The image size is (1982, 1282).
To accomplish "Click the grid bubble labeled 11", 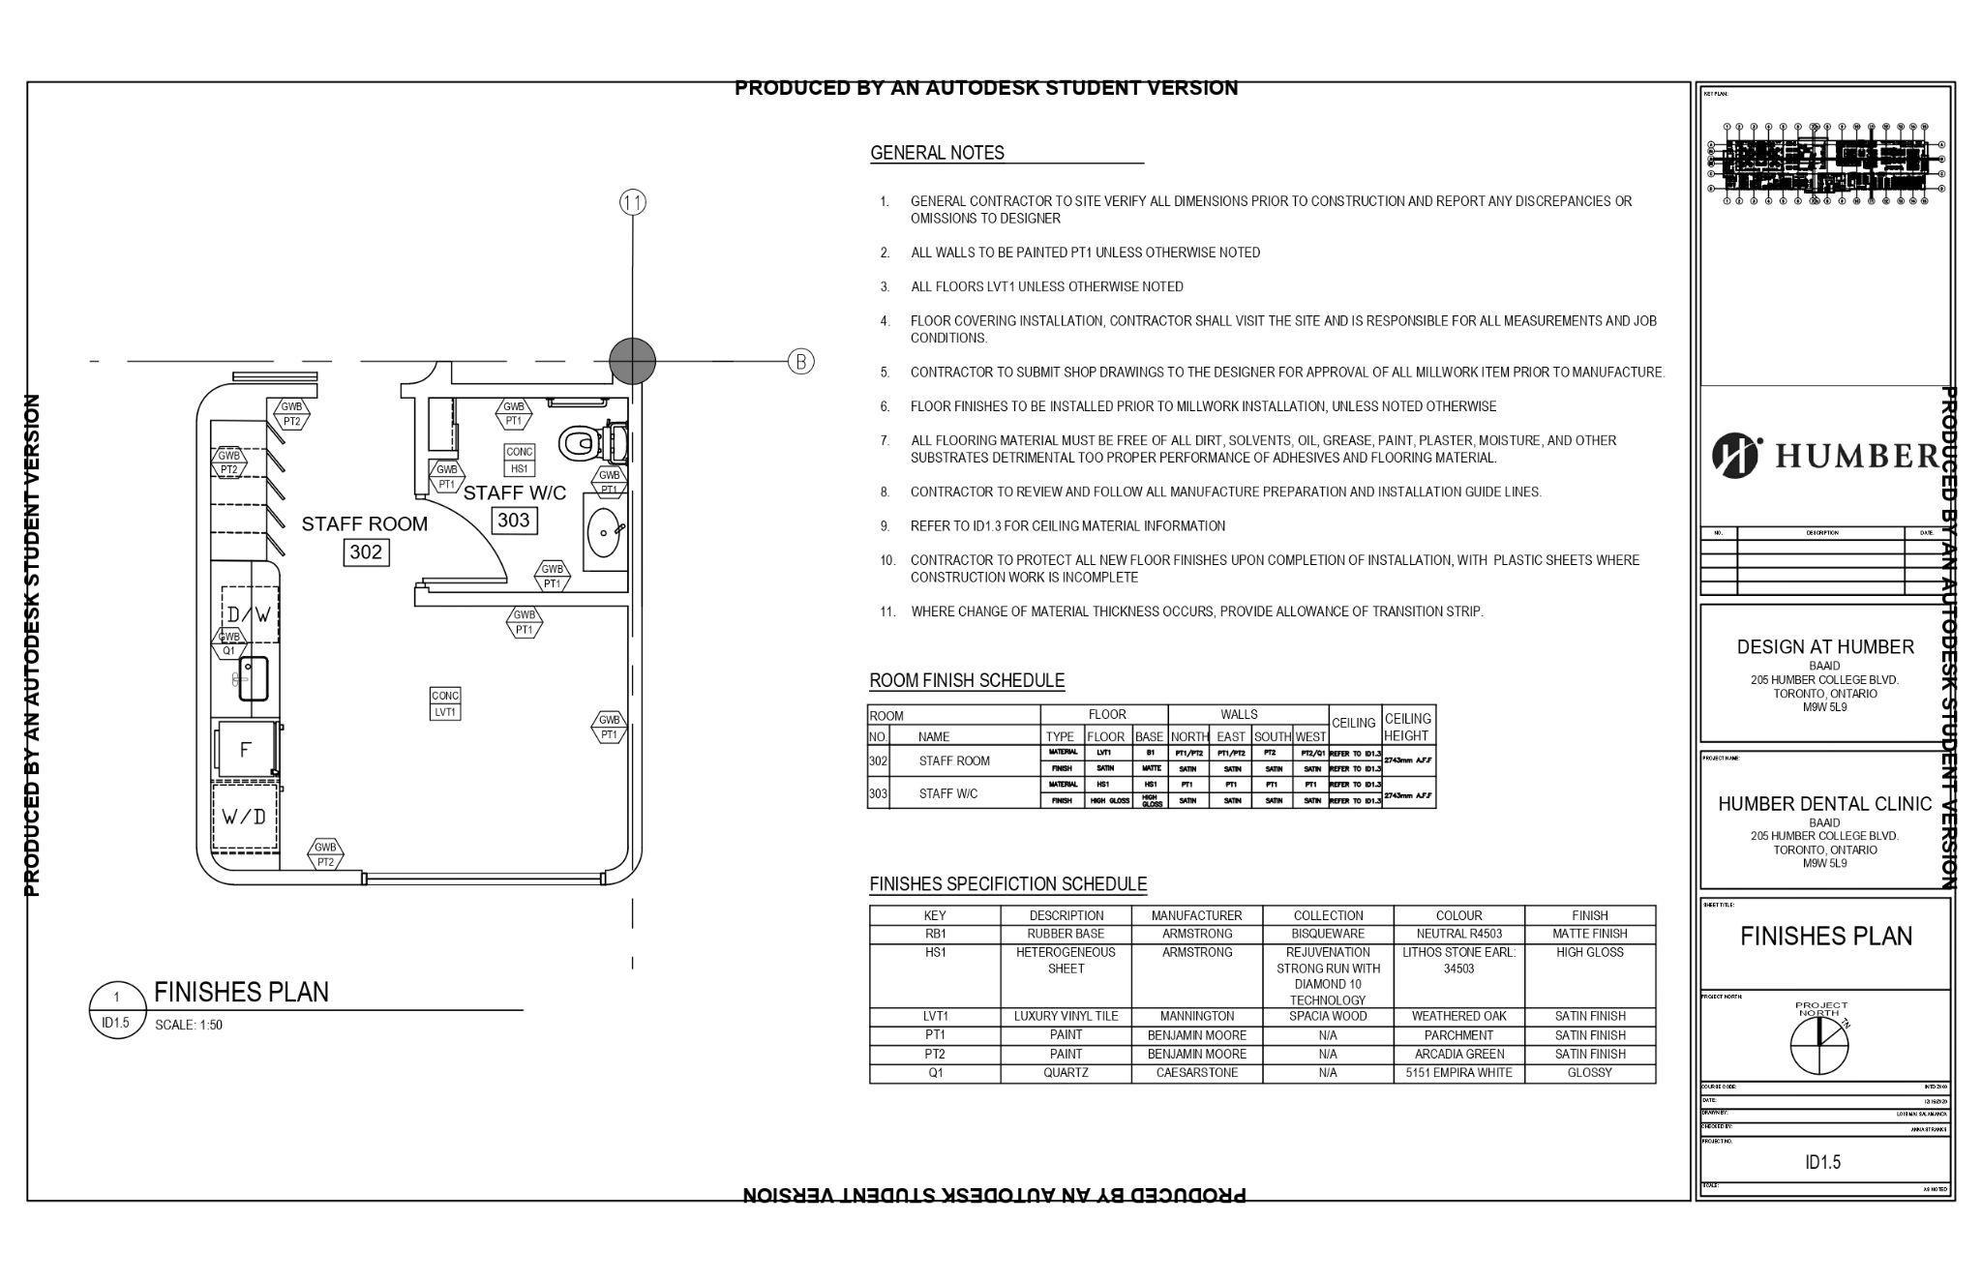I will click(x=633, y=202).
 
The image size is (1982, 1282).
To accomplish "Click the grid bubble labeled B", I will click(x=801, y=362).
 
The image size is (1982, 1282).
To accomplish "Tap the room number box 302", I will click(x=366, y=552).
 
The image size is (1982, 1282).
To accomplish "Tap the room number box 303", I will click(x=513, y=521).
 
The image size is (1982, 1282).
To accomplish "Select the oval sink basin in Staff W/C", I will click(x=605, y=532).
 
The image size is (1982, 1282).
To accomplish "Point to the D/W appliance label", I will click(x=249, y=614).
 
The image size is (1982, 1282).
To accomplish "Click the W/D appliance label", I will click(x=244, y=817).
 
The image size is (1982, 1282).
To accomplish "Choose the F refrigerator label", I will click(x=246, y=749).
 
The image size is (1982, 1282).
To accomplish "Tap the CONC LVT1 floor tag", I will click(x=445, y=703).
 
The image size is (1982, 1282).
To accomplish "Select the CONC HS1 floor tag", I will click(x=520, y=460).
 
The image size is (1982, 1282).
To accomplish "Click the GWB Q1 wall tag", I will click(x=229, y=643).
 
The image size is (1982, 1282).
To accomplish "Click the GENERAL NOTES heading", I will click(x=937, y=153).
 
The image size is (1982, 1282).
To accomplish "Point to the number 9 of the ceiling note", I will click(x=885, y=526).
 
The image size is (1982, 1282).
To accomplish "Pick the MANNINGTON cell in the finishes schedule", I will click(x=1197, y=1017).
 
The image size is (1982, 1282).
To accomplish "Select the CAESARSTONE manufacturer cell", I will click(x=1197, y=1073).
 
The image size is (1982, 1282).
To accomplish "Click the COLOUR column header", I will click(x=1458, y=915).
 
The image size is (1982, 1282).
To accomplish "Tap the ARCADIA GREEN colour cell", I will click(x=1458, y=1055).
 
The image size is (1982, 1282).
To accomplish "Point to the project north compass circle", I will click(x=1818, y=1046).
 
